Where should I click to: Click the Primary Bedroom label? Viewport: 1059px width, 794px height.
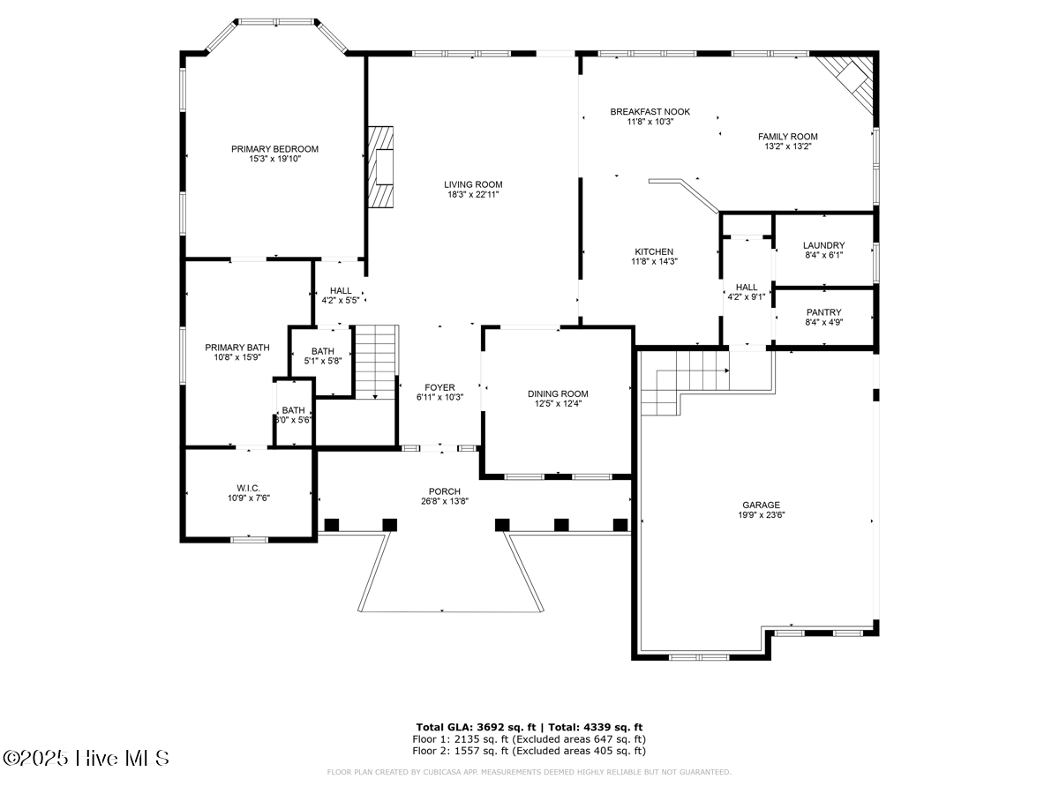(x=274, y=149)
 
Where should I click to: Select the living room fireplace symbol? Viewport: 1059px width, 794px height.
(x=381, y=166)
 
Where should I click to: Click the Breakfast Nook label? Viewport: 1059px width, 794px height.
(x=650, y=112)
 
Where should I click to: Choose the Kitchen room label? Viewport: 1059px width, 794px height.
(x=653, y=251)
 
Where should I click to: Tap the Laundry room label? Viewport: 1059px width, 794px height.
(x=823, y=245)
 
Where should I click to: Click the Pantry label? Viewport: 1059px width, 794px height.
(x=823, y=312)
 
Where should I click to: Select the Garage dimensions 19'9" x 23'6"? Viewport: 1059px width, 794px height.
(x=760, y=515)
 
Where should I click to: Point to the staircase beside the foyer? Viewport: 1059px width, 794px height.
(x=375, y=362)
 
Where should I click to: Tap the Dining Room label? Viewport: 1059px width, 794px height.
(x=558, y=393)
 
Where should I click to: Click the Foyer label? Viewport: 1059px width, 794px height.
(x=439, y=387)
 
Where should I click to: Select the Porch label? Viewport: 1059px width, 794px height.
(x=445, y=491)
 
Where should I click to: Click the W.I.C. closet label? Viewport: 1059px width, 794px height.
(x=247, y=487)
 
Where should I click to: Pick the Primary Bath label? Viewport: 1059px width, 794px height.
(x=237, y=348)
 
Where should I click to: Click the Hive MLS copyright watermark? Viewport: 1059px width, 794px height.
(x=86, y=758)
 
